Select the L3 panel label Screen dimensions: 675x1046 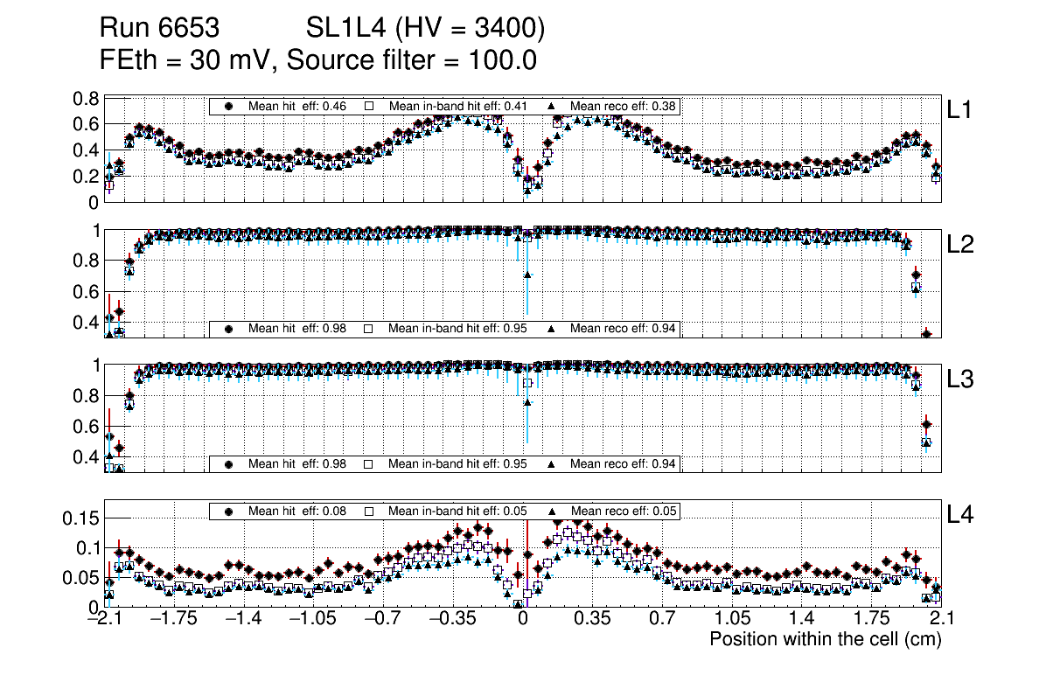point(961,379)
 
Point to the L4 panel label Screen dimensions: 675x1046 point(961,514)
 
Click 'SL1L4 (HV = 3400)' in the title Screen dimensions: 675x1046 point(426,30)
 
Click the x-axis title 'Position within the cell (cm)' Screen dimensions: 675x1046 point(825,639)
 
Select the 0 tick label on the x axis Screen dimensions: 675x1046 point(523,619)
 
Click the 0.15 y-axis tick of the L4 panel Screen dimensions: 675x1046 point(81,518)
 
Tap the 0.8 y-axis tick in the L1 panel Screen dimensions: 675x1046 point(86,98)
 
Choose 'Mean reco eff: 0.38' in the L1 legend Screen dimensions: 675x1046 point(624,107)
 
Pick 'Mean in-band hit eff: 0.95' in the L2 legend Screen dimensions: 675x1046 point(457,329)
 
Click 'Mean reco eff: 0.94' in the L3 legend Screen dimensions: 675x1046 point(624,463)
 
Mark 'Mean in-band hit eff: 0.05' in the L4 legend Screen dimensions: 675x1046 point(457,511)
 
